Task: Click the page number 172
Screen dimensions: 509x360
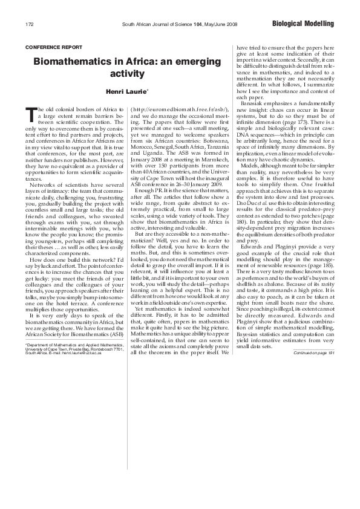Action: coord(29,24)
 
